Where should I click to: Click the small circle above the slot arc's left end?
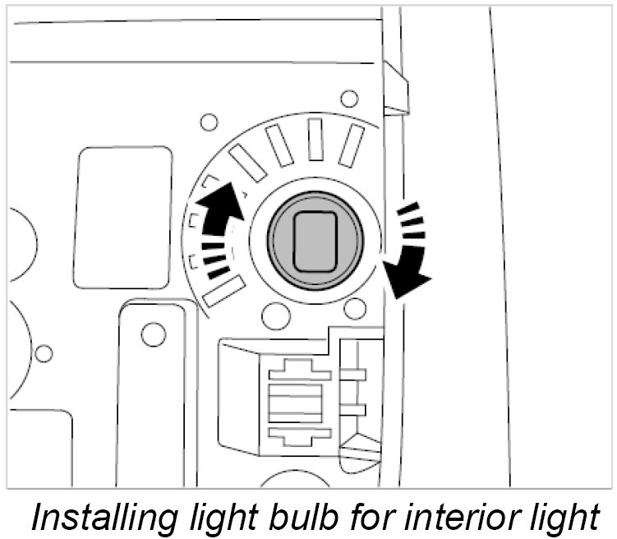coord(209,123)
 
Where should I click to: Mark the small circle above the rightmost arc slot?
coord(349,99)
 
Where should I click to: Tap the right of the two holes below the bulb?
coord(355,309)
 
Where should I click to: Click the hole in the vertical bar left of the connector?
coord(151,334)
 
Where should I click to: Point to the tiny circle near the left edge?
coord(44,353)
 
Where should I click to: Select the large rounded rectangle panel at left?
coord(122,218)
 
